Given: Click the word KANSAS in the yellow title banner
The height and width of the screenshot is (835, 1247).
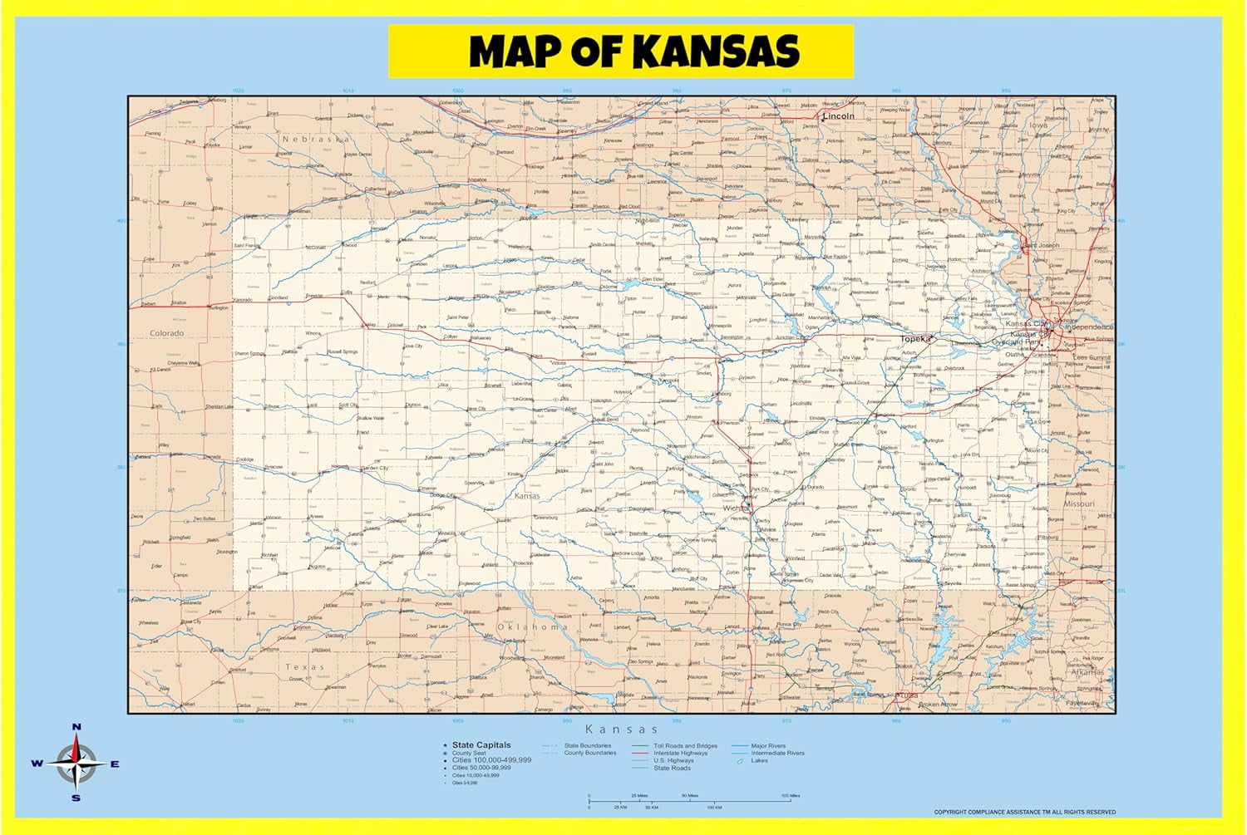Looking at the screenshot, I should (x=717, y=52).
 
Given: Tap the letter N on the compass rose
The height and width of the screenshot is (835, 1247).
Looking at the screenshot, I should (x=76, y=728).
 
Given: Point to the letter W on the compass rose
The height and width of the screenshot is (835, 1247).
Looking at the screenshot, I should (x=37, y=764).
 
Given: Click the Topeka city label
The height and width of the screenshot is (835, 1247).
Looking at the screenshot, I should (x=915, y=339).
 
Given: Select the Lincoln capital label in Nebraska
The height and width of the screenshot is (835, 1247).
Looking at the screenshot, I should (x=839, y=116).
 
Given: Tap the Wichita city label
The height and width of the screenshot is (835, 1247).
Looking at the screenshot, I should (x=734, y=508).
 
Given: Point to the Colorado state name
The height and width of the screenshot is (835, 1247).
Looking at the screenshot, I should (x=166, y=333).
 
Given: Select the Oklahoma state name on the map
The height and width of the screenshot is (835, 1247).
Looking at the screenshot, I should (x=532, y=626).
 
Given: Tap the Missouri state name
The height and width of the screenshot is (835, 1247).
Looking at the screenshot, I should (x=1079, y=503).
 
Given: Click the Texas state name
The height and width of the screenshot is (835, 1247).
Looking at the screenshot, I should (x=305, y=667).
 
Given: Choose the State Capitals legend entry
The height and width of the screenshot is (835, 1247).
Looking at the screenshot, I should (x=481, y=745).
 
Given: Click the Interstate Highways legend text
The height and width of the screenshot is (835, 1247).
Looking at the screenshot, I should (x=680, y=754).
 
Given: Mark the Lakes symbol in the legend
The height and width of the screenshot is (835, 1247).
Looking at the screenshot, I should (x=739, y=761).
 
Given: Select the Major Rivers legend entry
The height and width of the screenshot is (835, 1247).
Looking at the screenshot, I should (x=768, y=746).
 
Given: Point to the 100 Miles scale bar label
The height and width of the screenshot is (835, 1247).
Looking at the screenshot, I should (x=790, y=796).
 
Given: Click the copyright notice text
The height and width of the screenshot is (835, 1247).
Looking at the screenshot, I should (x=1024, y=812).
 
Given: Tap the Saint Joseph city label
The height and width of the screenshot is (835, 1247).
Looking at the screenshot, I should (x=1041, y=246).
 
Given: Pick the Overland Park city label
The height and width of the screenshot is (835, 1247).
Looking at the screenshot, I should (x=1016, y=342).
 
